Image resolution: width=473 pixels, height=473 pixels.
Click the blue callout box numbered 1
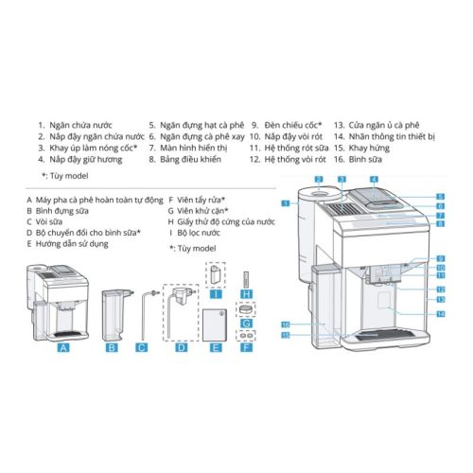(x=285, y=203)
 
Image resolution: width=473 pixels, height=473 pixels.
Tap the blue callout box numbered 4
(x=375, y=179)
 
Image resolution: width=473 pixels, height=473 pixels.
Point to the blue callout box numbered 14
(x=440, y=313)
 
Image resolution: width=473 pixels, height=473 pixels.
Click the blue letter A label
(x=64, y=347)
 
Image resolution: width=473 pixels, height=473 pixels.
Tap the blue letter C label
(x=141, y=347)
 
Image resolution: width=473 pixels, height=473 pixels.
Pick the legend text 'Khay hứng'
(x=369, y=148)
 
